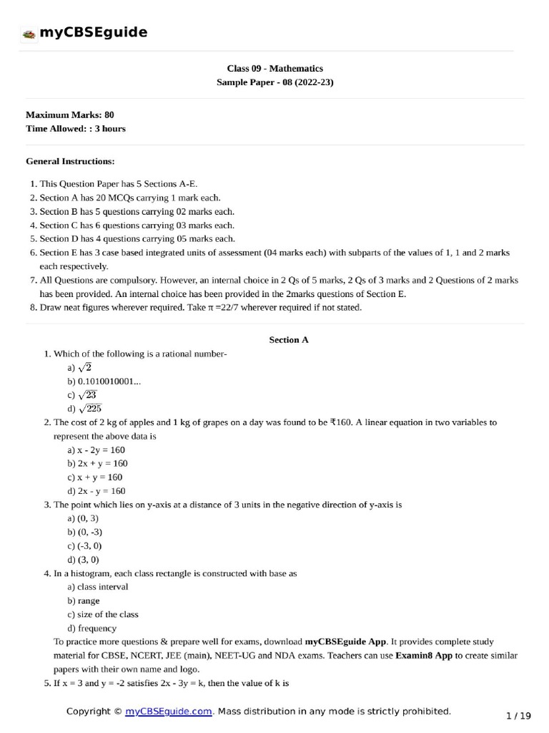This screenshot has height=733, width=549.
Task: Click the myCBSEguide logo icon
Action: pyautogui.click(x=29, y=33)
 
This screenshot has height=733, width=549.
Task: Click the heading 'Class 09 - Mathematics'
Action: pyautogui.click(x=274, y=69)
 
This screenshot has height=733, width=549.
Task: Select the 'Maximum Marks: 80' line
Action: pyautogui.click(x=69, y=115)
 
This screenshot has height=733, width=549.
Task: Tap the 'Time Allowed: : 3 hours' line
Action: pyautogui.click(x=75, y=129)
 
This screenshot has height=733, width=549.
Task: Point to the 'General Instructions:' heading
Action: pyautogui.click(x=70, y=162)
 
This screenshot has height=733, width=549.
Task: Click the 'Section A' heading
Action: pyautogui.click(x=288, y=340)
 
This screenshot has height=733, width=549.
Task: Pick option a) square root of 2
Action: pyautogui.click(x=79, y=367)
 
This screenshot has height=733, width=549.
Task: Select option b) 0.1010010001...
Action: pyautogui.click(x=104, y=382)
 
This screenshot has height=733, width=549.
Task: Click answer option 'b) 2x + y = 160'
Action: pyautogui.click(x=97, y=463)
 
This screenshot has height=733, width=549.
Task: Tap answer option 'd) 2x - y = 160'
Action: pyautogui.click(x=97, y=491)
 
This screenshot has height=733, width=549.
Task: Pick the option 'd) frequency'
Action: pyautogui.click(x=92, y=628)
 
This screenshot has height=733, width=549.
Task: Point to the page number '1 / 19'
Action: pyautogui.click(x=518, y=715)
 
